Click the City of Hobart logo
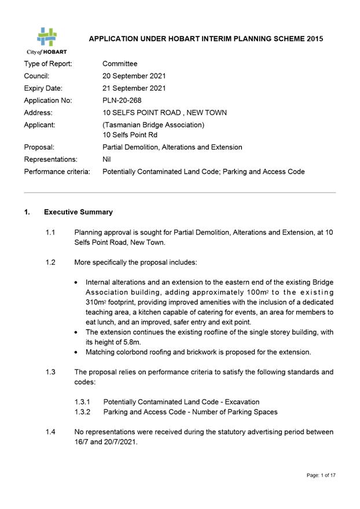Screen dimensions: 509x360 tap(46, 40)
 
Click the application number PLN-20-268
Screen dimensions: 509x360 tap(123, 101)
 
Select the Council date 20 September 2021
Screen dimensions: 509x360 tap(134, 76)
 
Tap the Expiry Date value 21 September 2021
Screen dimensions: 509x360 tap(134, 88)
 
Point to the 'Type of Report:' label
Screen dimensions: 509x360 tap(48, 64)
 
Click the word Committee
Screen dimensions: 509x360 tap(120, 64)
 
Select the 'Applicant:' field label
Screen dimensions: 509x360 tap(40, 125)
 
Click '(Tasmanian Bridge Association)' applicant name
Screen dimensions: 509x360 tap(153, 125)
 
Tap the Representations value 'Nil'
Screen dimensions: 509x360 tap(107, 159)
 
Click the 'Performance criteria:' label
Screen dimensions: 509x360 tap(57, 172)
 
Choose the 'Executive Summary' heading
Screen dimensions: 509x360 tap(78, 212)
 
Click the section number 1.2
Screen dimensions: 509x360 tap(50, 262)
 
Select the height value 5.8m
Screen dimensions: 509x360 tap(122, 342)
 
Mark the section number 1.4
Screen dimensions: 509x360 tap(50, 431)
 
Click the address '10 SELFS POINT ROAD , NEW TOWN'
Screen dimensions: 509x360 tap(164, 113)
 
